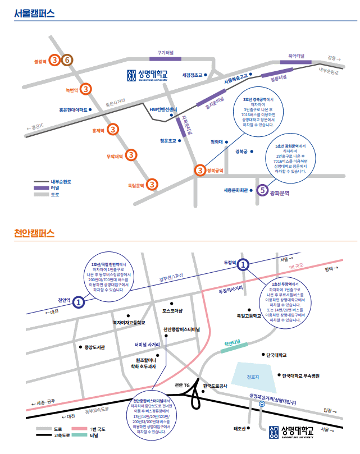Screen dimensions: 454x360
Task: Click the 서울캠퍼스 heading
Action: click(34, 13)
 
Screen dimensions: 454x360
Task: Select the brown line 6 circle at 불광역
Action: click(67, 60)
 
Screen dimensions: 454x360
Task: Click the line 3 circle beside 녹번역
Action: click(85, 89)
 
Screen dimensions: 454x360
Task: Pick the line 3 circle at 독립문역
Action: click(152, 184)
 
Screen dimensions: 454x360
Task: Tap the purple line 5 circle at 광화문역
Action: click(261, 190)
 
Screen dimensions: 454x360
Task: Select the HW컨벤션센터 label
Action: click(163, 108)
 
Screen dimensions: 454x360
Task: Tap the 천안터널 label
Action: click(232, 343)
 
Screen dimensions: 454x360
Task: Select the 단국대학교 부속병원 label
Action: click(300, 375)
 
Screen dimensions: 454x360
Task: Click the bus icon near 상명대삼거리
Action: click(261, 403)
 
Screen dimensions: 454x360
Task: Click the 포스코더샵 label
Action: click(172, 310)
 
